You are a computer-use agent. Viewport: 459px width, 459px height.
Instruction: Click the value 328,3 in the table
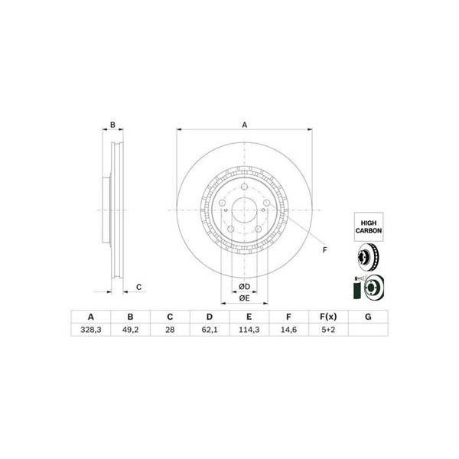tap(91, 330)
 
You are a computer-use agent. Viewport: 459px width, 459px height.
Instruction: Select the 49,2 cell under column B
tap(130, 330)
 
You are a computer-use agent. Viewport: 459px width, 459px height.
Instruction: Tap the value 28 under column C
tap(170, 330)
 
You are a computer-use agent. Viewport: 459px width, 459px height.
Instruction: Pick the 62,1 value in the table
tap(210, 330)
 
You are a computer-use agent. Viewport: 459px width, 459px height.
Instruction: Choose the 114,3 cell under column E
tap(249, 330)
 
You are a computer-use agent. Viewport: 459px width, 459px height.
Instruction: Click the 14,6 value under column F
tap(288, 330)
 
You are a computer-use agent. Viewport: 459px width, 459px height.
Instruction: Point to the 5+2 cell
tap(328, 330)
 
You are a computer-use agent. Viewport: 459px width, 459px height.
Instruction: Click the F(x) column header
tap(328, 317)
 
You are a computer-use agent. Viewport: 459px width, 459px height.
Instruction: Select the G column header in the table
tap(368, 317)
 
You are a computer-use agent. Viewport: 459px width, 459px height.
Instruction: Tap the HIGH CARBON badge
tap(369, 227)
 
